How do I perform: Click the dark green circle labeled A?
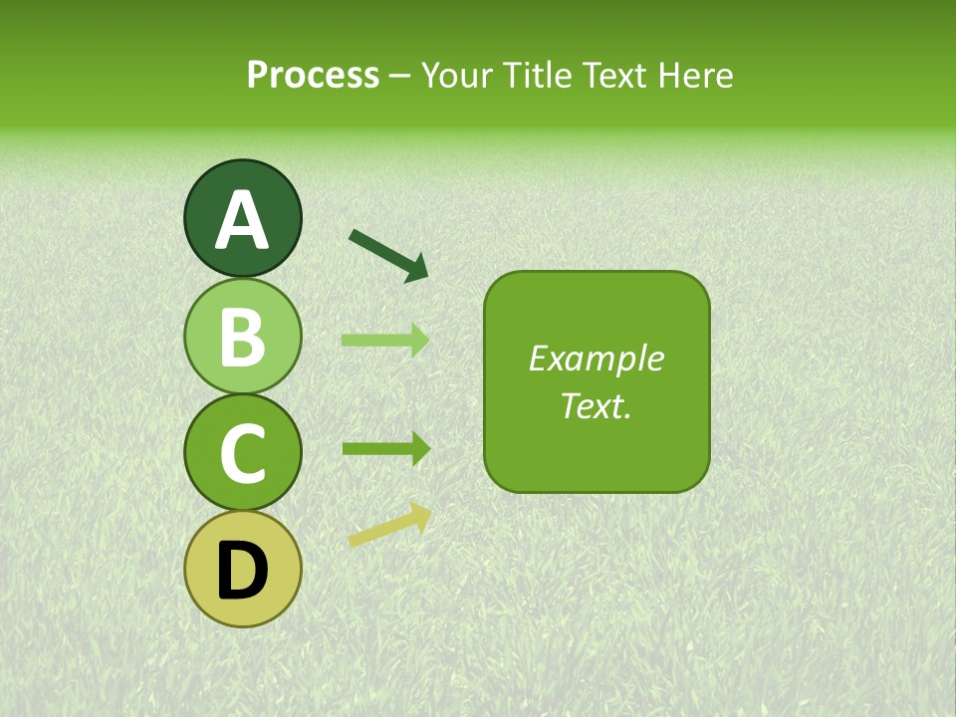(242, 218)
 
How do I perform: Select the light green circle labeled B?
(242, 336)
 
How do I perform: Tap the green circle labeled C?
(242, 452)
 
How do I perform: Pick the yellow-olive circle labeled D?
(242, 569)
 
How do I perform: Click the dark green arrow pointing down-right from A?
(387, 254)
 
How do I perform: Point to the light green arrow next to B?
(385, 341)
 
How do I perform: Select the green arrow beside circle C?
(385, 448)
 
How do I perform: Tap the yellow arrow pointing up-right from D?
(389, 525)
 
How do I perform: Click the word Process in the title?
(313, 75)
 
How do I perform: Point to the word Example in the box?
(596, 358)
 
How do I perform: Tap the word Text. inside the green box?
(596, 405)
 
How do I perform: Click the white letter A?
(242, 221)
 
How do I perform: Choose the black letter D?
(242, 571)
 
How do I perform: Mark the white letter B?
(242, 338)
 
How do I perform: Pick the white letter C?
(242, 454)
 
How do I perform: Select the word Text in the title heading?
(614, 75)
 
